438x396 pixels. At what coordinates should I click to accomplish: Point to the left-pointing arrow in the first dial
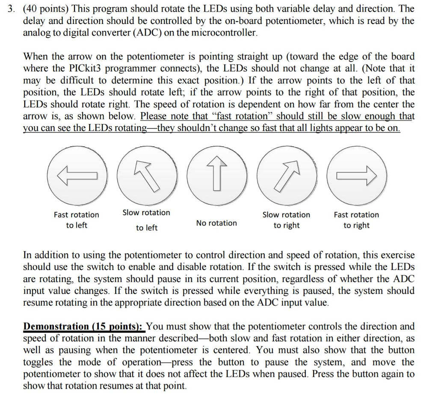tap(77, 176)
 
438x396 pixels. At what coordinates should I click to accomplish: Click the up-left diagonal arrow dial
tap(147, 176)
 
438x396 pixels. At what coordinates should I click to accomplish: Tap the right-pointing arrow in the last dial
tap(357, 175)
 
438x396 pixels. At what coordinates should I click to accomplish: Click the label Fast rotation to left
tap(76, 220)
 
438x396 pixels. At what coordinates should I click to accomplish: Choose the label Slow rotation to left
tap(146, 220)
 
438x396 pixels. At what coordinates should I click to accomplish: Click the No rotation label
tap(216, 223)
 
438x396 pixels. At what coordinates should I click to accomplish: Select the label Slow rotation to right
tap(287, 220)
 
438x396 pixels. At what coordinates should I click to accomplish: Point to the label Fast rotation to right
tap(356, 220)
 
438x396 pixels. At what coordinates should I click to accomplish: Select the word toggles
tap(38, 362)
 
